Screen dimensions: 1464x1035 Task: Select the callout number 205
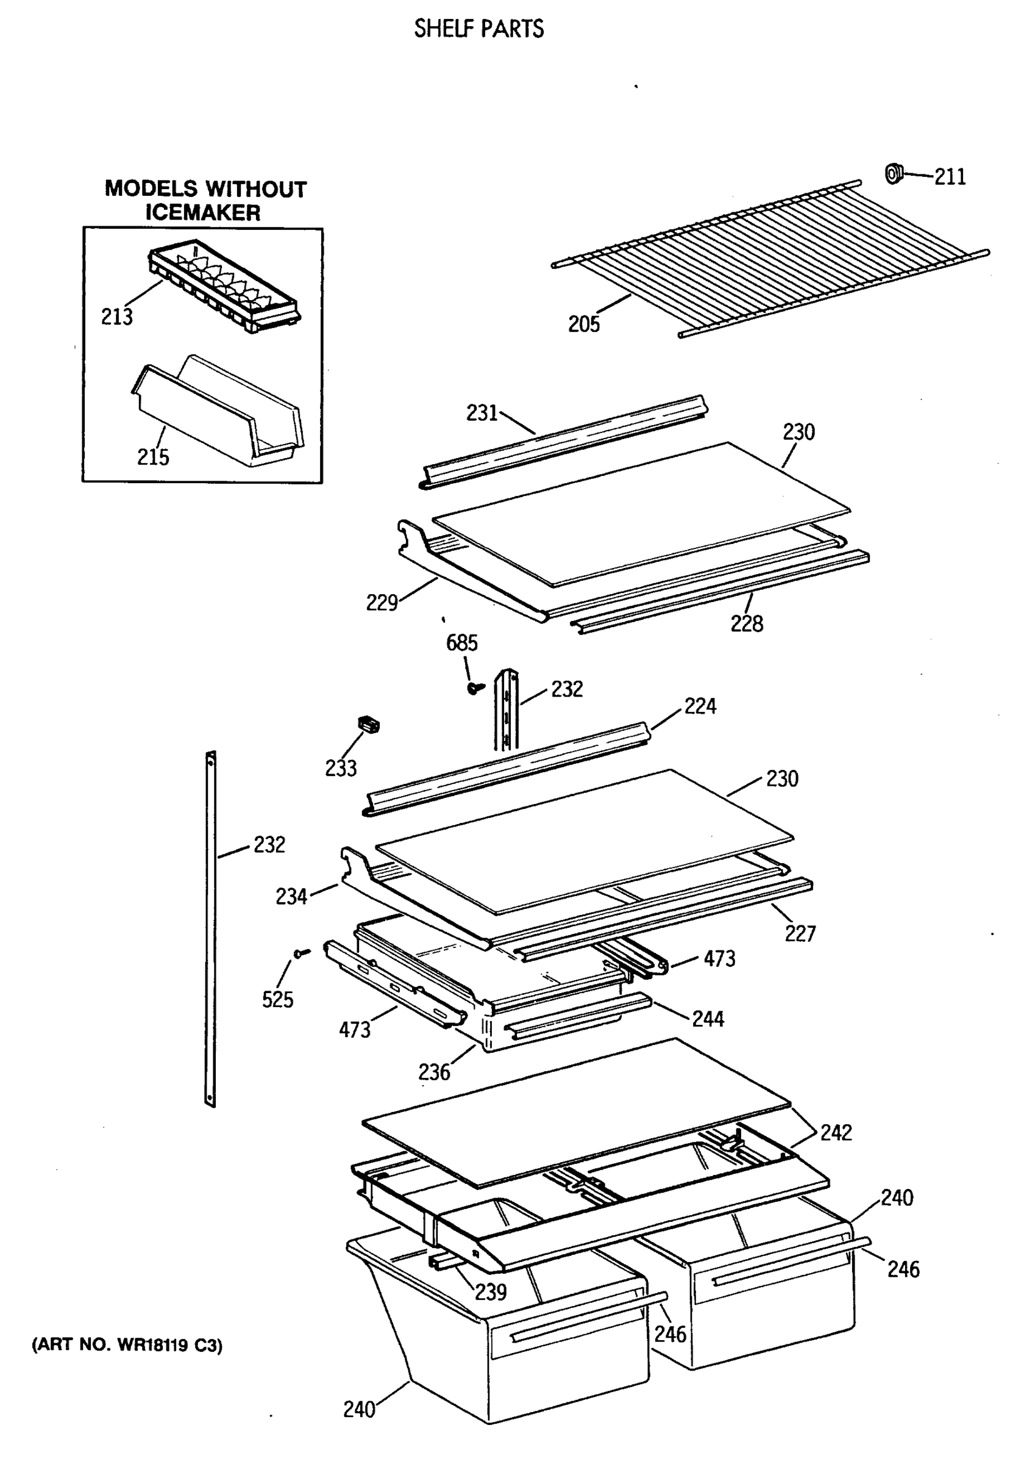point(584,324)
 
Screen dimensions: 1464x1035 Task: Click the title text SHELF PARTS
point(478,29)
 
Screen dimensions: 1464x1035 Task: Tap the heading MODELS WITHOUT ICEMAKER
point(205,200)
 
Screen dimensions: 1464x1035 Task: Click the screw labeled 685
point(474,688)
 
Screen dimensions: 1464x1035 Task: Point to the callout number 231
point(482,413)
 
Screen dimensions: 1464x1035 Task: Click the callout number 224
point(700,706)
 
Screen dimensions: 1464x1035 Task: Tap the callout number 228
point(746,623)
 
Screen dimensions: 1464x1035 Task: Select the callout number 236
point(434,1072)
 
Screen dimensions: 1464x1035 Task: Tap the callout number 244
point(708,1019)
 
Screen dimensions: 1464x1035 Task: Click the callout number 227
point(800,933)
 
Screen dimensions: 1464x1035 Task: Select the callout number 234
point(291,897)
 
